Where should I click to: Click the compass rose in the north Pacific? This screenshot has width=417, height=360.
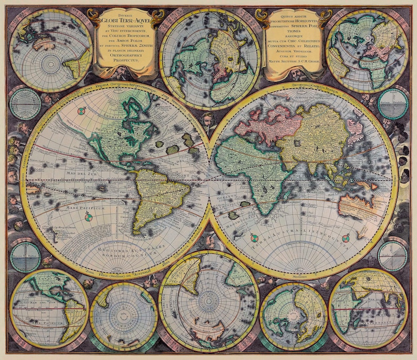click(x=80, y=111)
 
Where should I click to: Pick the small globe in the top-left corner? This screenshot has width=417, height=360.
click(x=51, y=50)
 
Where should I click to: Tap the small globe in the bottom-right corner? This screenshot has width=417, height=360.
click(x=368, y=308)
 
